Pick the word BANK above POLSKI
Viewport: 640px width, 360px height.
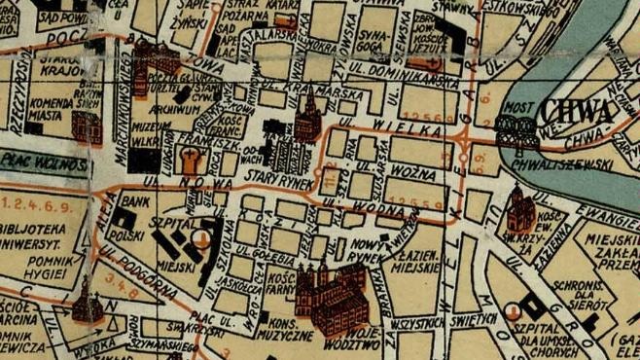[x=136, y=200]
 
